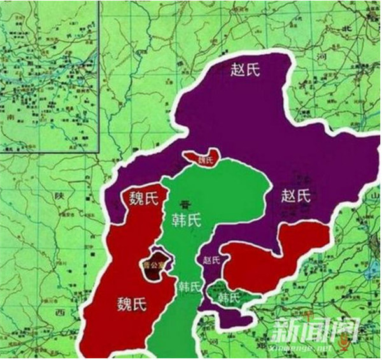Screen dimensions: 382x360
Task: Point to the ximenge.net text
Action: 304,348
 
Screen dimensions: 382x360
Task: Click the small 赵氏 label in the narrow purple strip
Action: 211,260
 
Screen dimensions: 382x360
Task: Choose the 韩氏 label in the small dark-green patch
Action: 228,298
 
